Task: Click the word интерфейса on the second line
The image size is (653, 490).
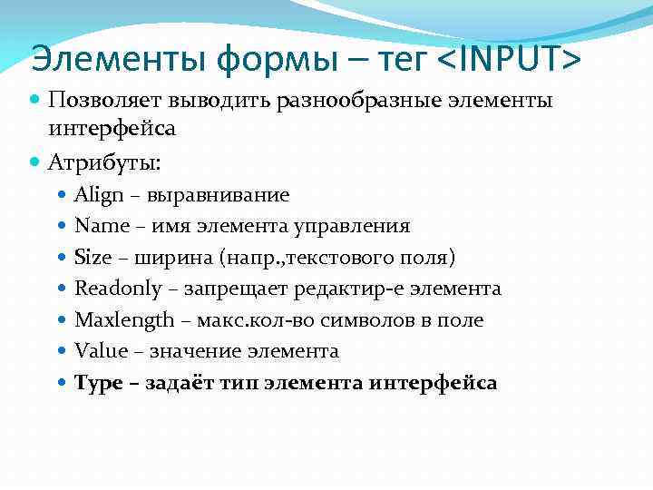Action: [x=112, y=130]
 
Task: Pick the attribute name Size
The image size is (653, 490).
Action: [x=92, y=257]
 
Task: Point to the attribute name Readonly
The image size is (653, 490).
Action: [x=115, y=289]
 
